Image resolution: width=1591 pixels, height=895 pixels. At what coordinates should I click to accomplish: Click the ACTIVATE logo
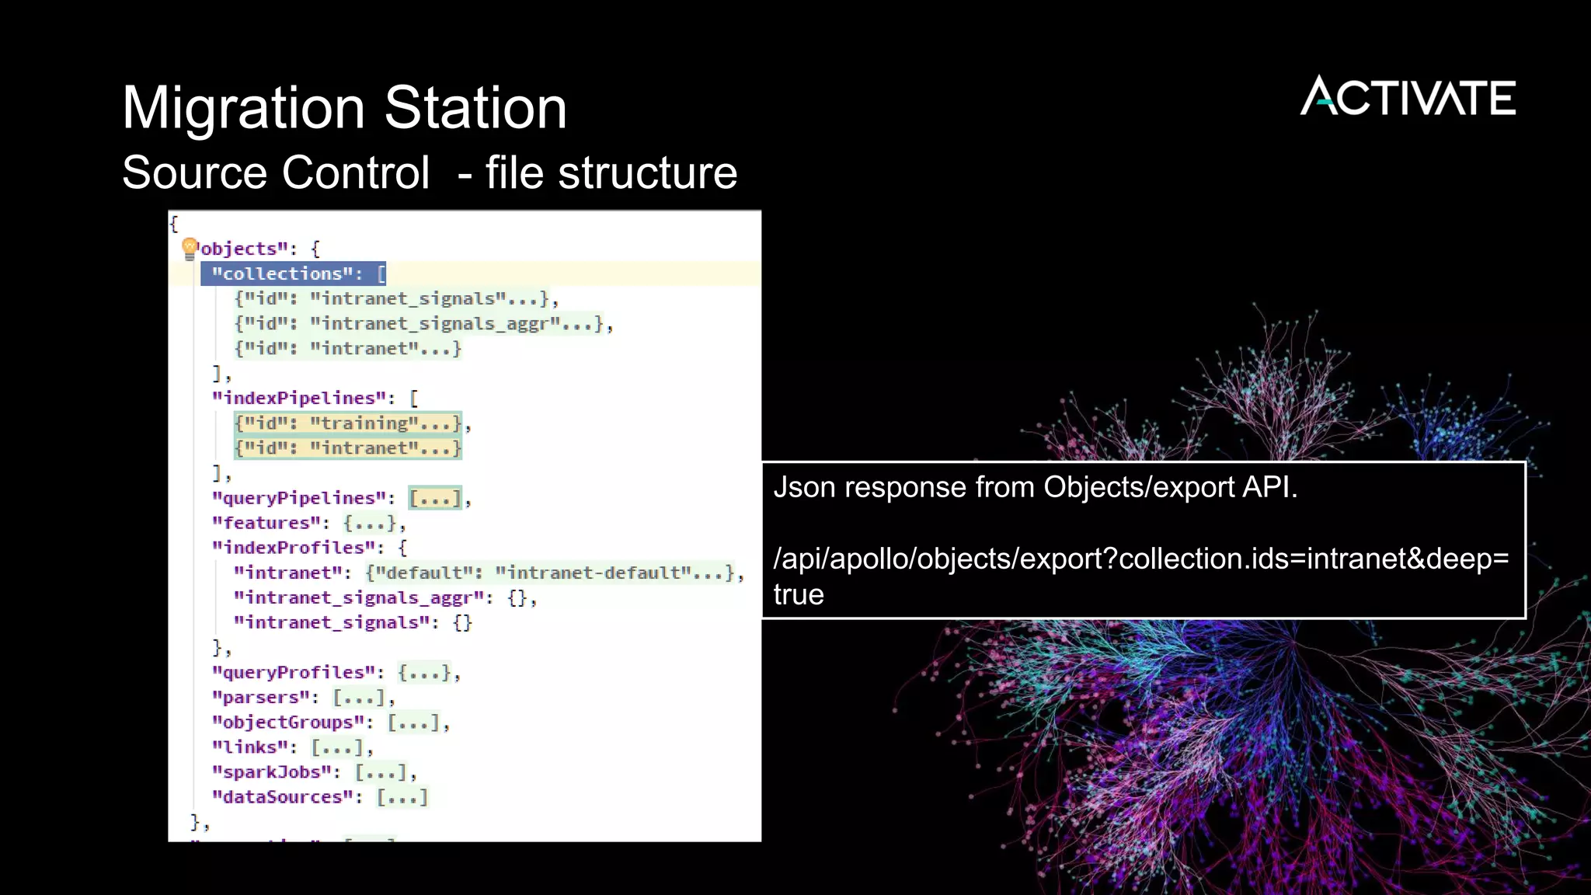coord(1408,96)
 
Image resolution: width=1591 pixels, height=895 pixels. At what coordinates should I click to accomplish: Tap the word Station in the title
coord(475,107)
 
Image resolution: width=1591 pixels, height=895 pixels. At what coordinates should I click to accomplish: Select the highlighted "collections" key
coord(287,273)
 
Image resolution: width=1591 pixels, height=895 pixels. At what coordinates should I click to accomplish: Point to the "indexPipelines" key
coord(299,399)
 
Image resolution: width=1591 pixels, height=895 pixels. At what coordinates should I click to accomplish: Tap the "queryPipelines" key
coord(299,498)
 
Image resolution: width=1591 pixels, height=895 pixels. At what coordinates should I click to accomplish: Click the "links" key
coord(250,747)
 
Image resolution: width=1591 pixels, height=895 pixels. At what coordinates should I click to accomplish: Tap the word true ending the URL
coord(799,594)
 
